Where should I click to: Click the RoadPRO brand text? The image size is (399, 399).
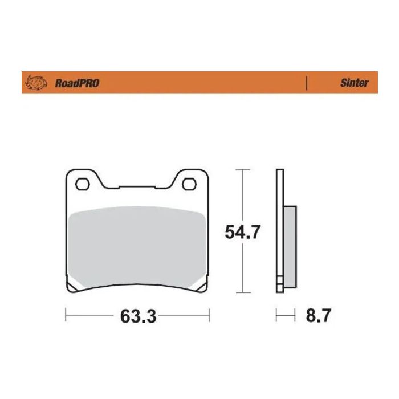76,83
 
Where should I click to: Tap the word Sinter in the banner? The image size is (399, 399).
355,83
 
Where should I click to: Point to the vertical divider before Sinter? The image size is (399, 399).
308,83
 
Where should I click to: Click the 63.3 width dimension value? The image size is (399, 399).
138,315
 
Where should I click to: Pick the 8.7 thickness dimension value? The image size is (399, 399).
317,315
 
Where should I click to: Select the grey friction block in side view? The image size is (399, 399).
289,245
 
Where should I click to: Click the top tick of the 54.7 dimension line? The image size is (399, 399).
242,170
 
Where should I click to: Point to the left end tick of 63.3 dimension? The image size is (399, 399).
67,315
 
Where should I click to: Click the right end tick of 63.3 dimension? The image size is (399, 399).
209,315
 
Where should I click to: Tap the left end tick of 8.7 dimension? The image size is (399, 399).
277,315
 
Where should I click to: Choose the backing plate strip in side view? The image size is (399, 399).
279,228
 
